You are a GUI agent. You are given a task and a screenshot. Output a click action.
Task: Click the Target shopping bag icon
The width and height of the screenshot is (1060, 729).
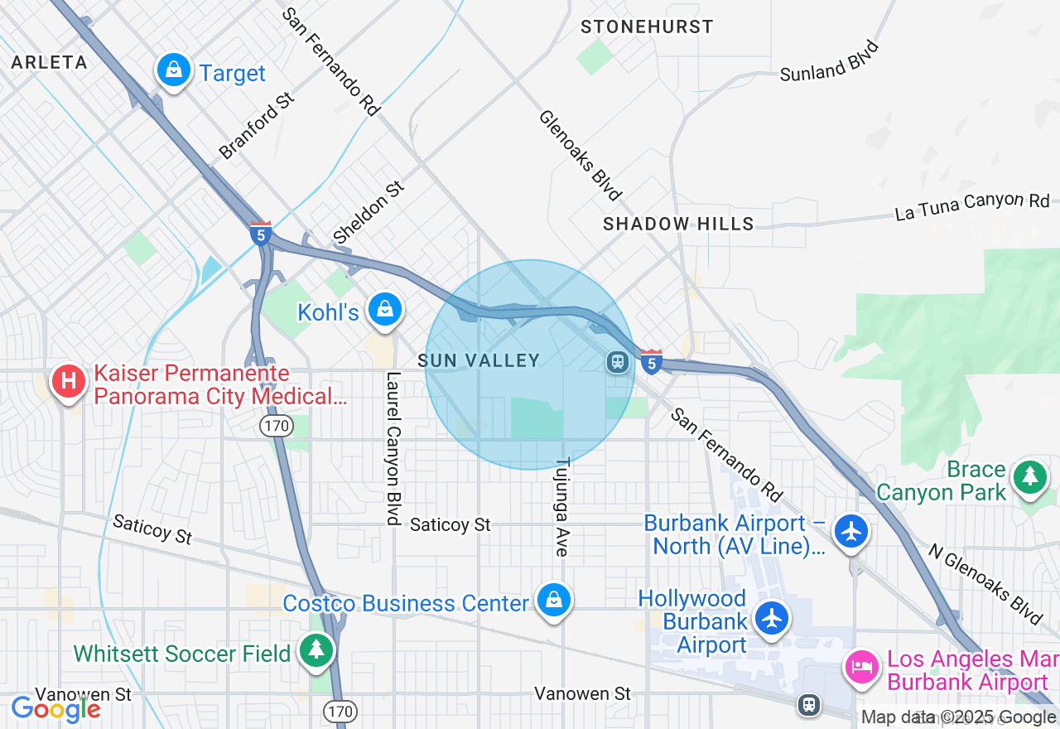pos(173,70)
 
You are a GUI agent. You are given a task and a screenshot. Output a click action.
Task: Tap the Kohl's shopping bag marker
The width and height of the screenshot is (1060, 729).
pos(385,310)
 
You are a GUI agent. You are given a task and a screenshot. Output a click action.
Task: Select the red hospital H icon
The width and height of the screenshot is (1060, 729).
pos(69,382)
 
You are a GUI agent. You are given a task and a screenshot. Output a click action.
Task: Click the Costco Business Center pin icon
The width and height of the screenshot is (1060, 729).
pos(553,601)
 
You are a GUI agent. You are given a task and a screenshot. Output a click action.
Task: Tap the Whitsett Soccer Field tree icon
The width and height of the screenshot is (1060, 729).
pos(316,650)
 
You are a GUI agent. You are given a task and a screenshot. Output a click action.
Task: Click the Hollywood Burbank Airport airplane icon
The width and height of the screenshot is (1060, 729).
pos(772,618)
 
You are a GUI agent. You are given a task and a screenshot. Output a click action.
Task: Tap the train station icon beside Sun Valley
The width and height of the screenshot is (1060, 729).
pos(617,361)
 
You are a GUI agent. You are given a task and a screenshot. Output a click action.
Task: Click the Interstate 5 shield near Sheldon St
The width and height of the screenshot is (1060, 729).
pos(261,233)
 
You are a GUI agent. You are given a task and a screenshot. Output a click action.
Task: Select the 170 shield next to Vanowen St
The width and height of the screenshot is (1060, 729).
pos(340,711)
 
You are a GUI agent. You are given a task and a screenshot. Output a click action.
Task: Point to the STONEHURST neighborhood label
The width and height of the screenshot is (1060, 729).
pos(647,27)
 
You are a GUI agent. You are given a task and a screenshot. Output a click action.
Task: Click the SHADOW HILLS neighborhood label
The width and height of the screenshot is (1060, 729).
pos(678,224)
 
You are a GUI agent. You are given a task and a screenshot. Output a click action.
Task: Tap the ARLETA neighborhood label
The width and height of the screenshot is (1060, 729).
pos(49,62)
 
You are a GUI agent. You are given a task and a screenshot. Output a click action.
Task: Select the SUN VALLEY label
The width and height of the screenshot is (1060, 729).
pos(479,360)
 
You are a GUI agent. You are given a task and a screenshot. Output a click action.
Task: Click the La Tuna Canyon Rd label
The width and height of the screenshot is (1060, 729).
pos(971,207)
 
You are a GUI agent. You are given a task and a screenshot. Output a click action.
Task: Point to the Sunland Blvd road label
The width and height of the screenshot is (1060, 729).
pos(829,61)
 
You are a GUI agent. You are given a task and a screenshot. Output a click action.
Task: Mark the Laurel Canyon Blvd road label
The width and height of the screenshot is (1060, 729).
pos(393,447)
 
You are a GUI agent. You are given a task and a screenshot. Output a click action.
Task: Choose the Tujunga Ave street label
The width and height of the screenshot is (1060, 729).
pos(562,506)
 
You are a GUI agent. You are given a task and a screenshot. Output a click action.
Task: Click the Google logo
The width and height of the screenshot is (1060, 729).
pos(55,709)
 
